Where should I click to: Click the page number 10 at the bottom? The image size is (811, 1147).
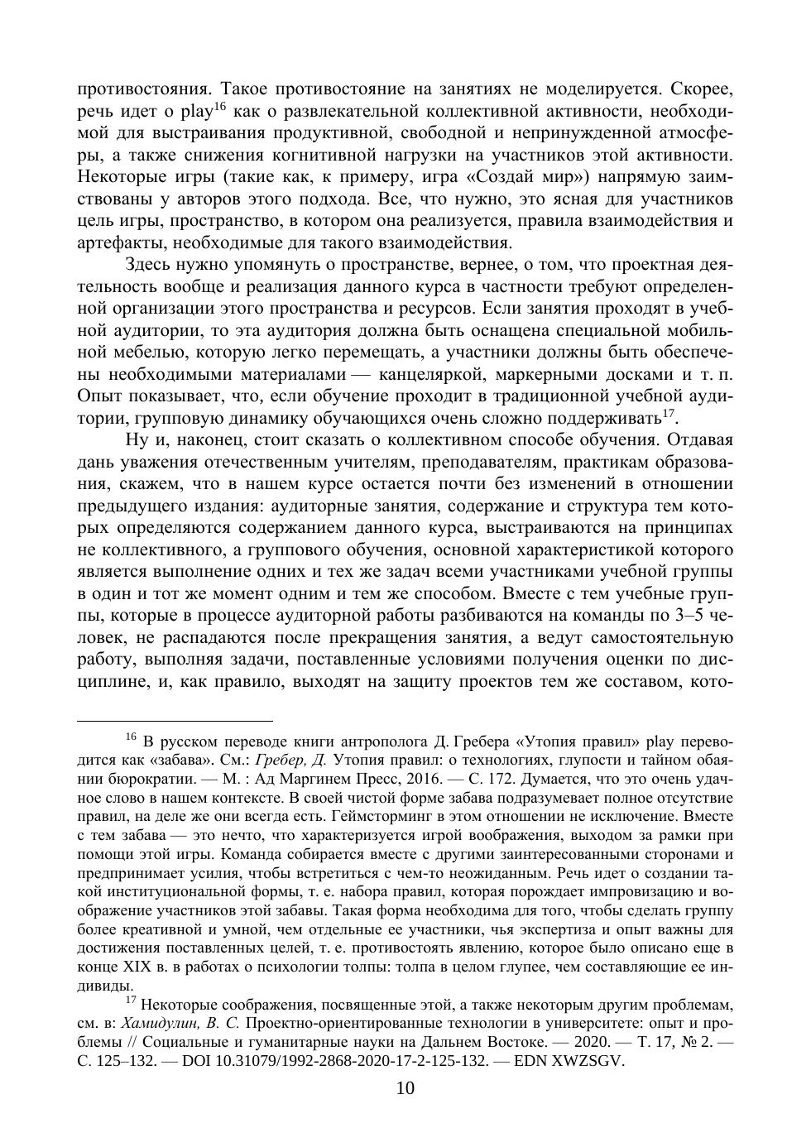405,1088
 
